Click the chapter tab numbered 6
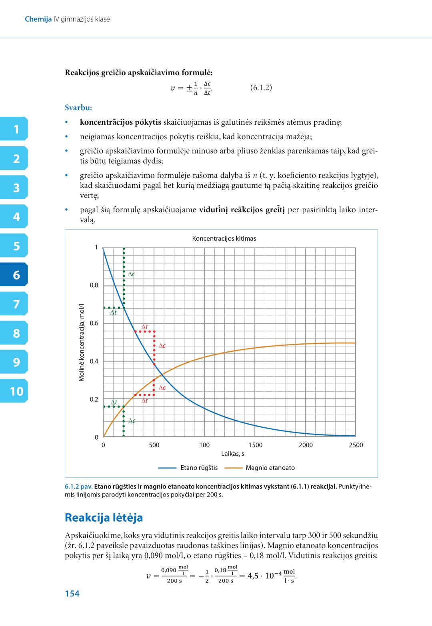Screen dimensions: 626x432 tap(16, 275)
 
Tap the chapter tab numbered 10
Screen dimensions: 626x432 tap(16, 391)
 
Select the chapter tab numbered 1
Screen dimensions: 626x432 tap(16, 130)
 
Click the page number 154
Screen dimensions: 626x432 tap(72, 594)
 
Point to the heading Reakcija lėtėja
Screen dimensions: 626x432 tap(104, 518)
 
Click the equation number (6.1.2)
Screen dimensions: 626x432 tap(261, 88)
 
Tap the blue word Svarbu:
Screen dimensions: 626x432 tap(78, 108)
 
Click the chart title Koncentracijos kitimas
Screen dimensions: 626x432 tap(224, 239)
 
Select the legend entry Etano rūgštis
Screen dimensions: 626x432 tap(199, 467)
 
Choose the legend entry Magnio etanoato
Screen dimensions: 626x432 tap(270, 467)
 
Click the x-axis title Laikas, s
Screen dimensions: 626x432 tap(233, 454)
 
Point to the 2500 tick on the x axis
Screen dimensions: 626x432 tap(356, 445)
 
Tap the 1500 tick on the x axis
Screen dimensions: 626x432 tap(255, 445)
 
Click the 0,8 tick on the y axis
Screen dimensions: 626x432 tap(94, 285)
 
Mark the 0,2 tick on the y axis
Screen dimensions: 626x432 tap(94, 399)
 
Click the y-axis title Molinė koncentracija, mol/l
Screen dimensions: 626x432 tap(82, 342)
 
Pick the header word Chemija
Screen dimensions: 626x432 tap(38, 19)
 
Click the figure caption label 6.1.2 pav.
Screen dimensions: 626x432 tap(78, 487)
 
